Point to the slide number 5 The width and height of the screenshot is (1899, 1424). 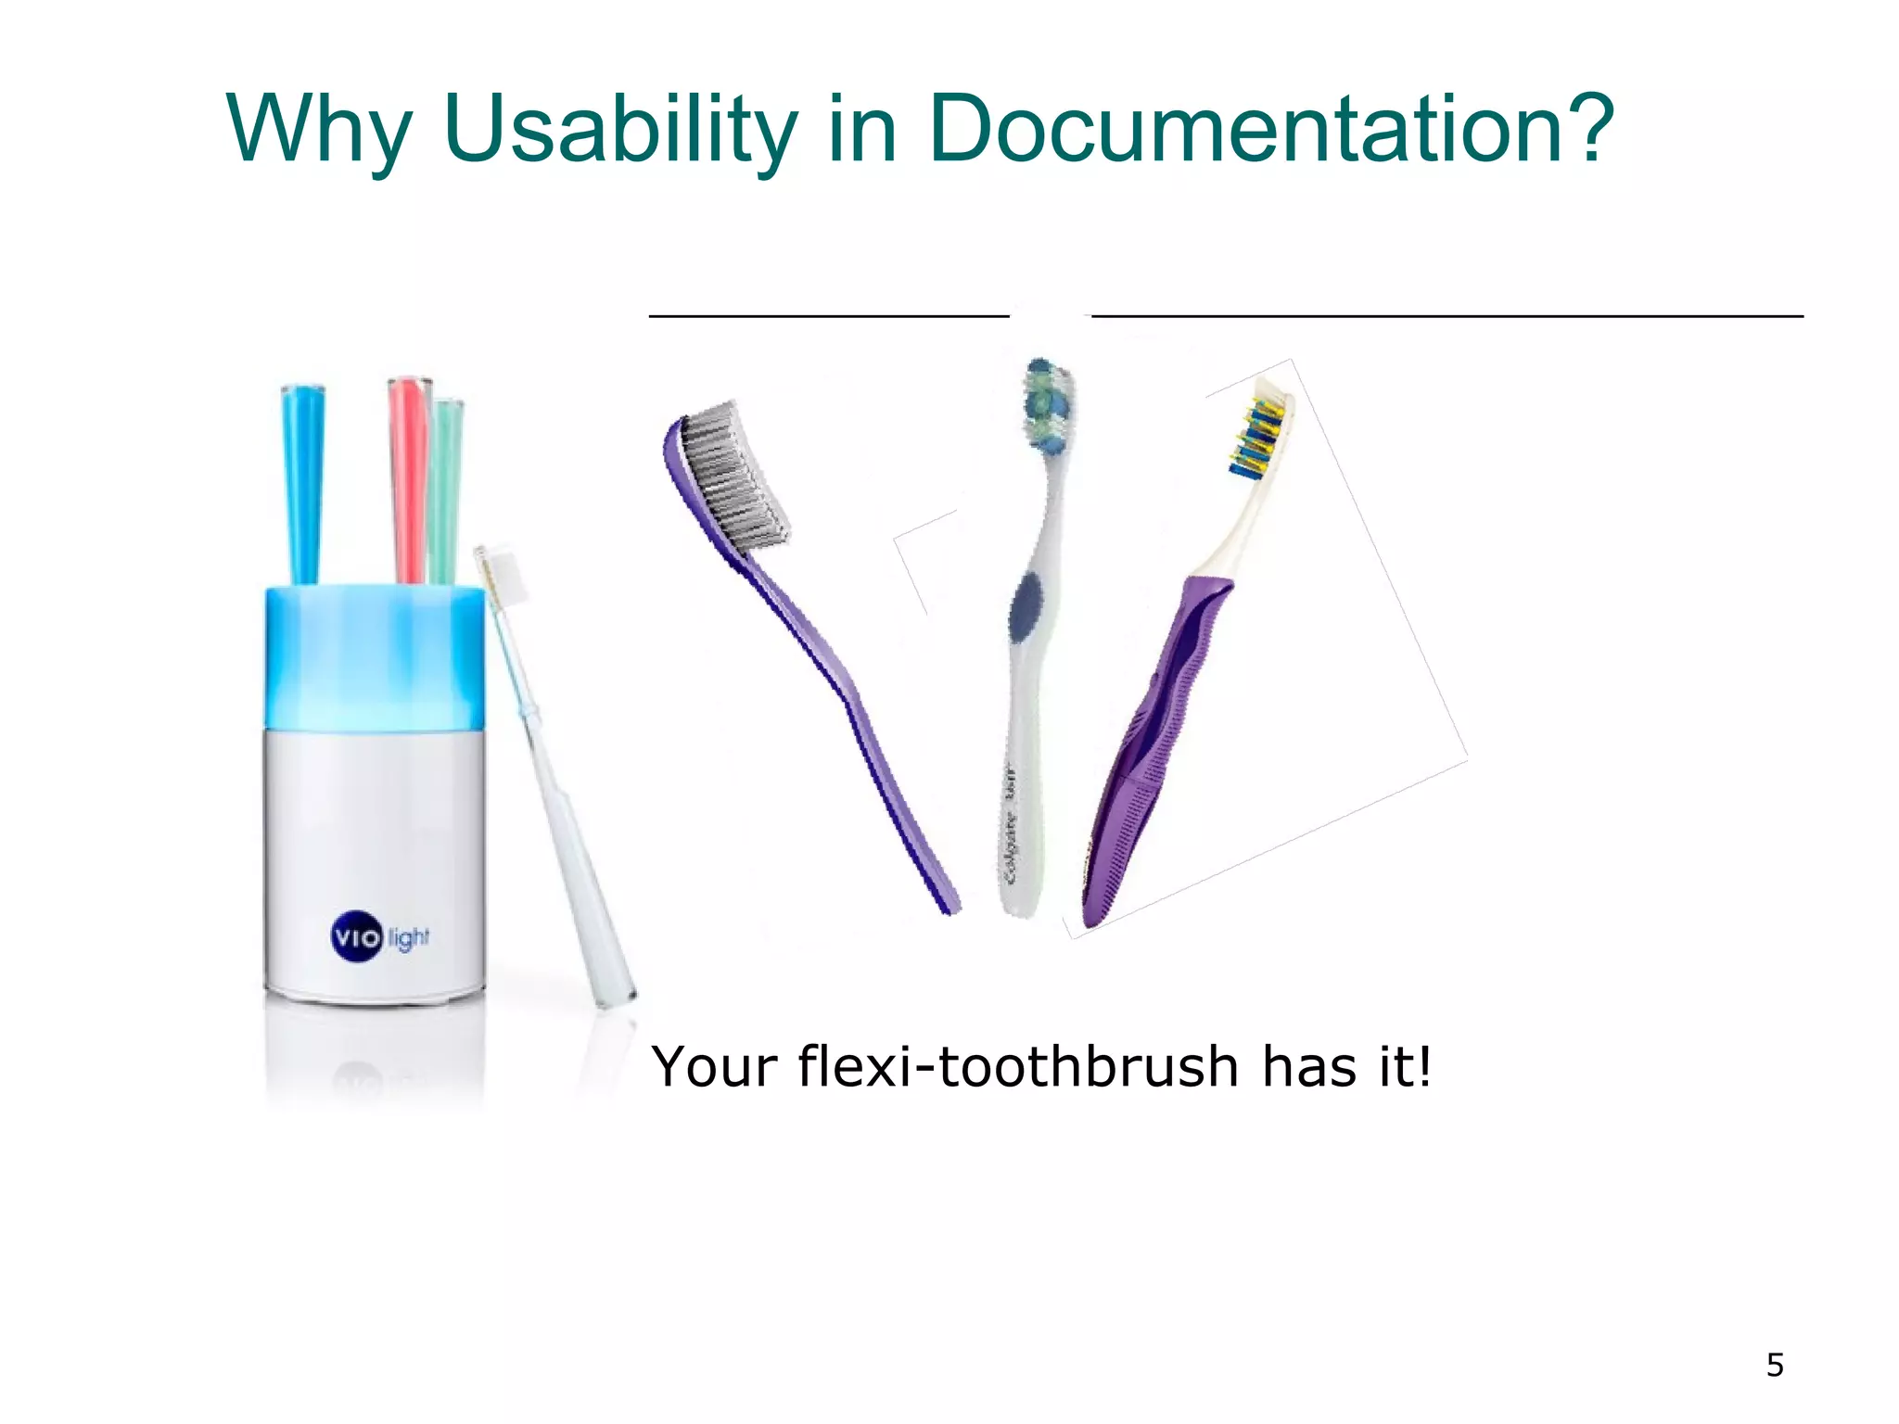(x=1775, y=1366)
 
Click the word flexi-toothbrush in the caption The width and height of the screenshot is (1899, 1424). (x=1017, y=1067)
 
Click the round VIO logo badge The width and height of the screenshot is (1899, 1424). (x=356, y=937)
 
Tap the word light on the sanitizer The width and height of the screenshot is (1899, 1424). (x=409, y=937)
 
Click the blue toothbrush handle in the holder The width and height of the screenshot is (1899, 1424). (x=302, y=482)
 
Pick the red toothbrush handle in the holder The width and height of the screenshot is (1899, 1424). (x=406, y=477)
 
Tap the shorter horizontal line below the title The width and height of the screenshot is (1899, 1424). (x=828, y=316)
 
